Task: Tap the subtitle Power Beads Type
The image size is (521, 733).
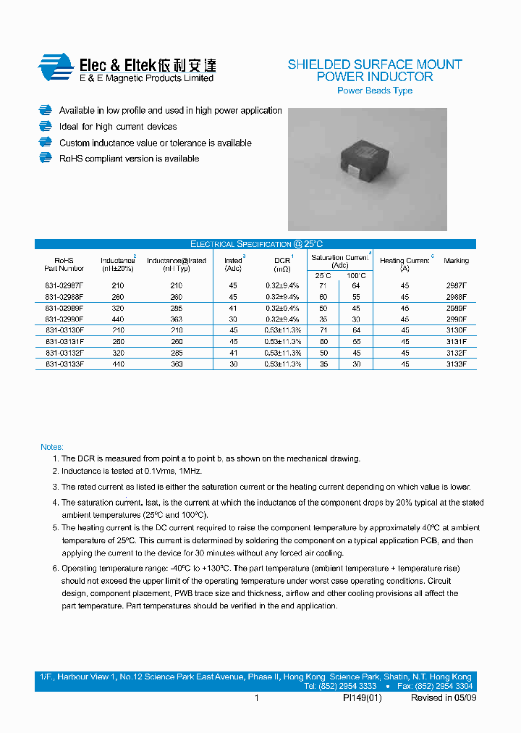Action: tap(375, 91)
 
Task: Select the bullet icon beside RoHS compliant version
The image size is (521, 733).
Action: tap(46, 159)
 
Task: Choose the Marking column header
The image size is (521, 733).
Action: tap(456, 261)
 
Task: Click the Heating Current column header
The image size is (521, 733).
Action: tap(404, 261)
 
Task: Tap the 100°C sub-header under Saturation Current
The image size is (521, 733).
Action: tap(356, 275)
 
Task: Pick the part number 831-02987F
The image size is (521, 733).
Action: tap(64, 286)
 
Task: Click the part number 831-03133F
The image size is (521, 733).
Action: tap(64, 364)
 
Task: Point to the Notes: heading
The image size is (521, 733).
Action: tap(52, 447)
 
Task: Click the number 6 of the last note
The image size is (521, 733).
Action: tap(55, 569)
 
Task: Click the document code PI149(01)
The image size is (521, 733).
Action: tap(362, 698)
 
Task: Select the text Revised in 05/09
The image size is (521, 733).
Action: tap(443, 698)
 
